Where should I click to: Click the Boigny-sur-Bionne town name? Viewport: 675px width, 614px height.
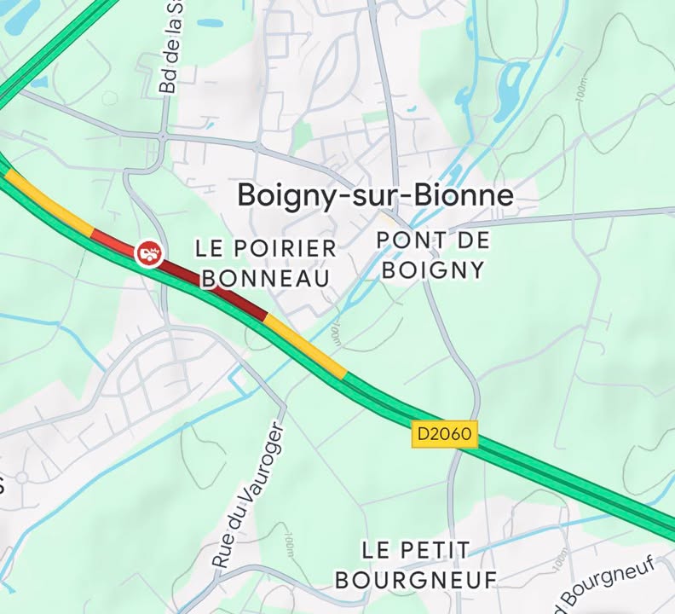pos(375,196)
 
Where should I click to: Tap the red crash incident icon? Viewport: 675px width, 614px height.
pos(148,252)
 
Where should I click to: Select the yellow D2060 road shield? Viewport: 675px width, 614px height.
pos(443,434)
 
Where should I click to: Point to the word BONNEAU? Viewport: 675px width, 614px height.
pos(265,278)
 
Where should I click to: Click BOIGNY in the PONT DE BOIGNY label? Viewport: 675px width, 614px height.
pos(433,270)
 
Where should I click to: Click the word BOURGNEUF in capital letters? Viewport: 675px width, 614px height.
pos(415,581)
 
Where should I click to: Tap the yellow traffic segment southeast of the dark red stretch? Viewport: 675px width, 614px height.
pos(306,346)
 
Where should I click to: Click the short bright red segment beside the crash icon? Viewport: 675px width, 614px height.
pos(107,239)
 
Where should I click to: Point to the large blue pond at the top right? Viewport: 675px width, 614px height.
pos(511,90)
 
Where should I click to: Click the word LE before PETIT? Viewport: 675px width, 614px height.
pos(376,550)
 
